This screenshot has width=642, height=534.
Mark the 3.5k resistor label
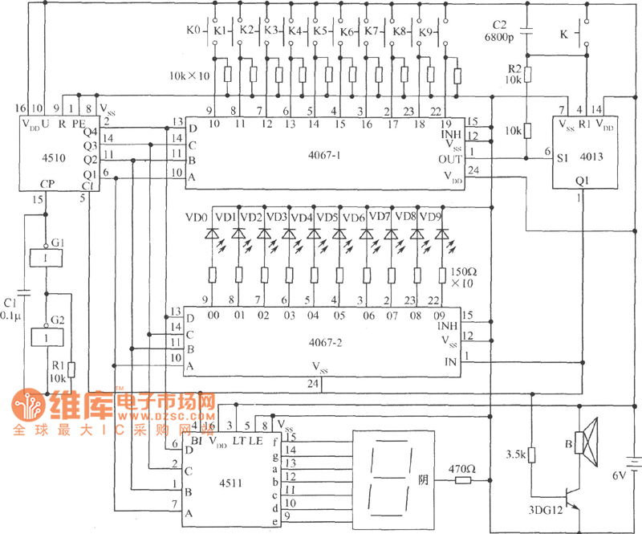point(514,455)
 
